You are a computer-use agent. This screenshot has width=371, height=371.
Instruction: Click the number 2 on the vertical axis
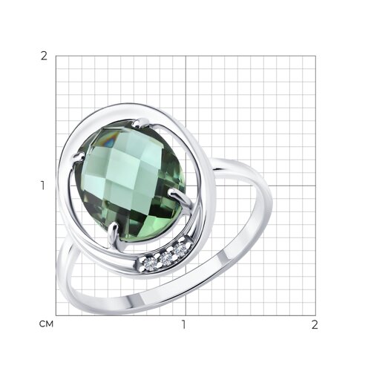coord(44,56)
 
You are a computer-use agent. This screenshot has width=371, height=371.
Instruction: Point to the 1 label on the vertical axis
coord(43,185)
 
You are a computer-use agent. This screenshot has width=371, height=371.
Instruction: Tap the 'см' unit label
coord(46,324)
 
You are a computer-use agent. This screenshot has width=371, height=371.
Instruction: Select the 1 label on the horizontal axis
coord(183,324)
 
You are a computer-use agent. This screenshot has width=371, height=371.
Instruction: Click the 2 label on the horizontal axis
coord(315,324)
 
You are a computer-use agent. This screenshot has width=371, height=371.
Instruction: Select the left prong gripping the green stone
coord(78,157)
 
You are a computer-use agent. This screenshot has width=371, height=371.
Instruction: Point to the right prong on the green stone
coord(180,197)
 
